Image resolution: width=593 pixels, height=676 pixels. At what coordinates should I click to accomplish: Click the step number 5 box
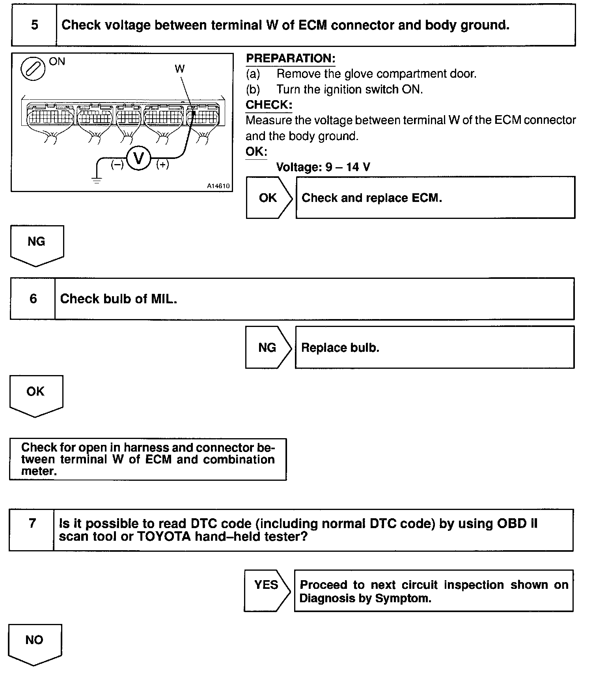click(x=34, y=25)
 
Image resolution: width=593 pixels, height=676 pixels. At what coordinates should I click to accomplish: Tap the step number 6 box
click(x=33, y=299)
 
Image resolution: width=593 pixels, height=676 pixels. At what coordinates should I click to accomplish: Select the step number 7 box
click(x=32, y=524)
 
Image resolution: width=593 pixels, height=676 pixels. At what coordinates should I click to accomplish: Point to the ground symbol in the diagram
click(x=97, y=180)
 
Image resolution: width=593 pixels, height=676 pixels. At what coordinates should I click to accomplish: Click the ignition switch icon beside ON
click(x=33, y=69)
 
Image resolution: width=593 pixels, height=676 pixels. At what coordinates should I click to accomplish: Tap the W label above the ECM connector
click(x=179, y=69)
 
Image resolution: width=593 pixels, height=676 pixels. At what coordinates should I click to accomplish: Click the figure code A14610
click(x=218, y=186)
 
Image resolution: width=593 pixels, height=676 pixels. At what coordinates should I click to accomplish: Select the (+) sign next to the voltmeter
click(x=162, y=164)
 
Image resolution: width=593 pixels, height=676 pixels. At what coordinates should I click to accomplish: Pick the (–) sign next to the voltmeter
click(x=117, y=164)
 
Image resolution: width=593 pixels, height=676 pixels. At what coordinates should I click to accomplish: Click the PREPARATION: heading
click(x=291, y=58)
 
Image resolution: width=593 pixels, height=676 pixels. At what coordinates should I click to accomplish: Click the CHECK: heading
click(x=269, y=105)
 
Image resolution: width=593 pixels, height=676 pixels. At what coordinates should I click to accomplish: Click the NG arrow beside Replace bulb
click(x=268, y=347)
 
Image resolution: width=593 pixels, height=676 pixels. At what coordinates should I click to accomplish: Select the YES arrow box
click(x=267, y=585)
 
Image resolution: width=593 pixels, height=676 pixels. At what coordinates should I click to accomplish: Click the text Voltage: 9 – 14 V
click(x=323, y=167)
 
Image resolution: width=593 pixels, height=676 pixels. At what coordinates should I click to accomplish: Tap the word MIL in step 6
click(x=163, y=299)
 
